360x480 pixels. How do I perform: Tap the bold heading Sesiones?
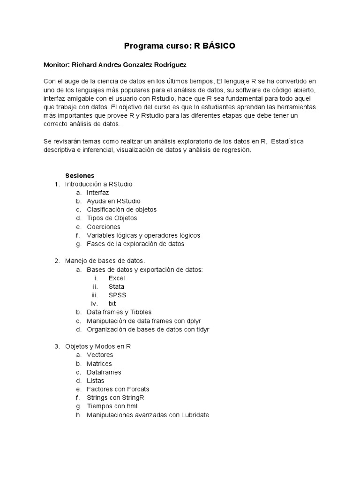(80, 175)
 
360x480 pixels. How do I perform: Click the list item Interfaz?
(98, 193)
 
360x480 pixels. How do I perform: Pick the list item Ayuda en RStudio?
(113, 201)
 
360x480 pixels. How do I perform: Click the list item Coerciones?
(104, 227)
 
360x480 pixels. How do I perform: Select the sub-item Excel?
(117, 278)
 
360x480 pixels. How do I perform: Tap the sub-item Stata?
(116, 286)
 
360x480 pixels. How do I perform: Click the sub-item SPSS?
(117, 295)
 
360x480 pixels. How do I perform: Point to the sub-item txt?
(112, 303)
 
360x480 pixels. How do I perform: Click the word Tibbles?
(139, 312)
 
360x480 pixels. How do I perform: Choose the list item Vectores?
(100, 355)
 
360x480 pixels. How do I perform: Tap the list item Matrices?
(99, 363)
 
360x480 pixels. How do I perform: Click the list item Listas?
(96, 381)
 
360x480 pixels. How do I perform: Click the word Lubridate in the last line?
(194, 415)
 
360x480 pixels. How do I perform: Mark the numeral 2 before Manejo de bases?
(57, 261)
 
